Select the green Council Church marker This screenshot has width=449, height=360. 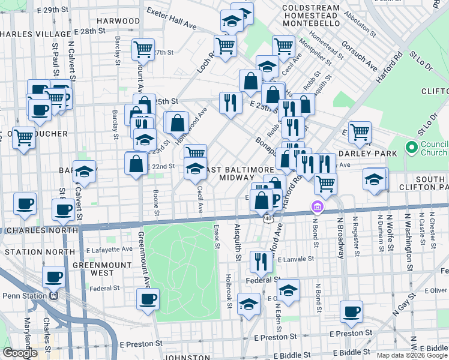tap(411, 147)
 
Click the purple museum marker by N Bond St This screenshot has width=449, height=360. tap(317, 208)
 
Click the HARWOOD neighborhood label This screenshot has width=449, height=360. tap(118, 21)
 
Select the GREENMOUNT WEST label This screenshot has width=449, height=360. tap(101, 268)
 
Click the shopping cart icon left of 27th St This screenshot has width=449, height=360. tap(143, 49)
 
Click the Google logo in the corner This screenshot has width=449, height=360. tap(20, 353)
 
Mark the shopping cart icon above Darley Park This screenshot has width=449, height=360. tap(360, 131)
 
